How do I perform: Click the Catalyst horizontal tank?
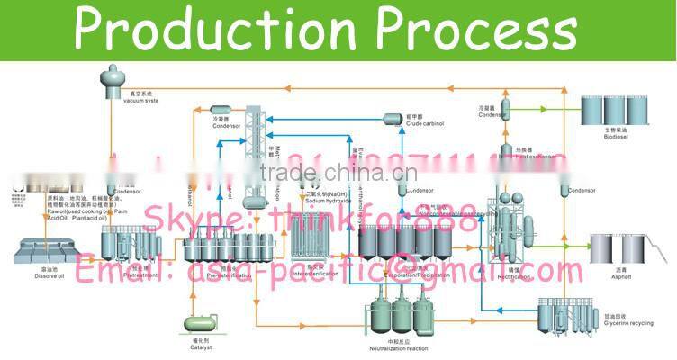tap(201, 321)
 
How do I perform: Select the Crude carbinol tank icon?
tap(393, 119)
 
